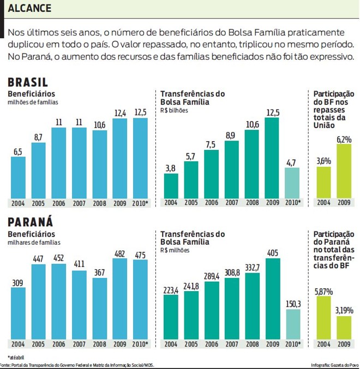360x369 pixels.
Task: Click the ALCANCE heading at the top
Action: click(x=30, y=8)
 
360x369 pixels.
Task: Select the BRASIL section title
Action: click(x=28, y=82)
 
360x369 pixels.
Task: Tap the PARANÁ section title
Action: click(x=30, y=223)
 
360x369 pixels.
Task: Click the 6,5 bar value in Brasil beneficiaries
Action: click(x=18, y=152)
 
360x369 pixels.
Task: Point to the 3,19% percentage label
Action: click(x=344, y=310)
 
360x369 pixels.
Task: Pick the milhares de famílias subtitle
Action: click(x=34, y=242)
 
